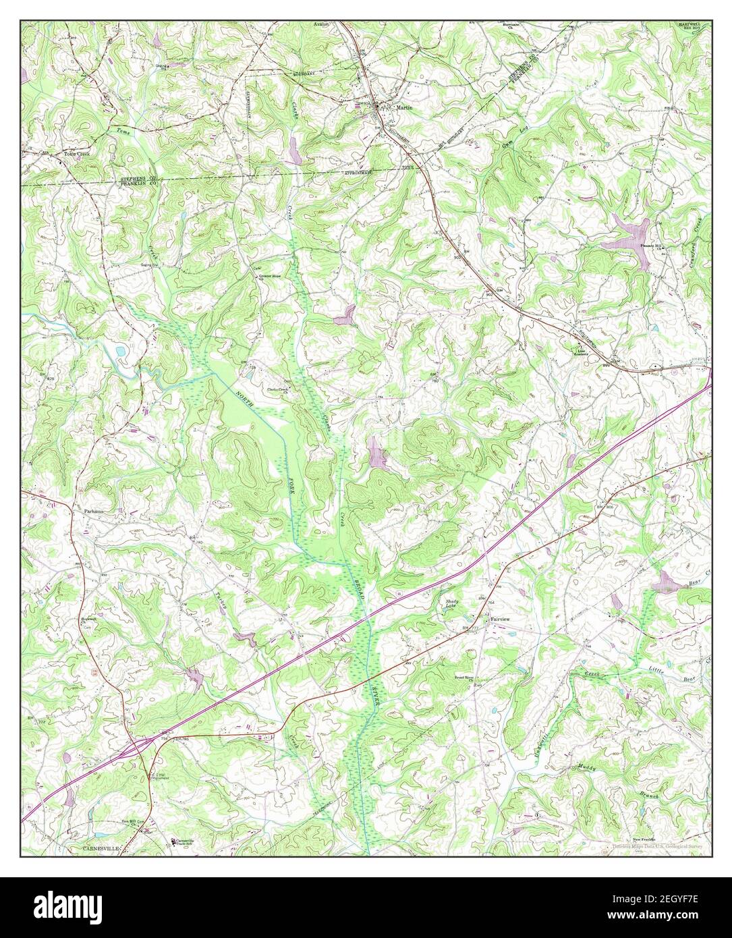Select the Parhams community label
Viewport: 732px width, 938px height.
click(x=94, y=512)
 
